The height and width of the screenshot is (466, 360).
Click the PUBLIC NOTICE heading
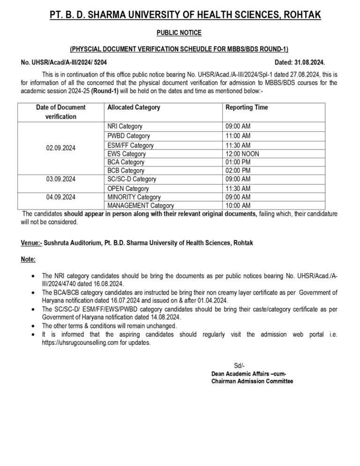[180, 33]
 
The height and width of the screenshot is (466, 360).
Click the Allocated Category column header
[134, 107]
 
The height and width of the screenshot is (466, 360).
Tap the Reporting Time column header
[247, 107]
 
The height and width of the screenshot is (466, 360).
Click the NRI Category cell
[125, 126]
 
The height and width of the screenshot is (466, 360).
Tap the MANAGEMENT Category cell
[141, 205]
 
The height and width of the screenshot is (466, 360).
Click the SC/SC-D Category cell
[132, 179]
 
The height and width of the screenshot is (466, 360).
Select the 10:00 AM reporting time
[238, 205]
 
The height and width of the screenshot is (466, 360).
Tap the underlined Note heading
[28, 259]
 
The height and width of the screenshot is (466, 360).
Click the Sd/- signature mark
[239, 366]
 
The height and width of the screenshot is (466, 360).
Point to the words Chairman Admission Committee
[252, 382]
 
